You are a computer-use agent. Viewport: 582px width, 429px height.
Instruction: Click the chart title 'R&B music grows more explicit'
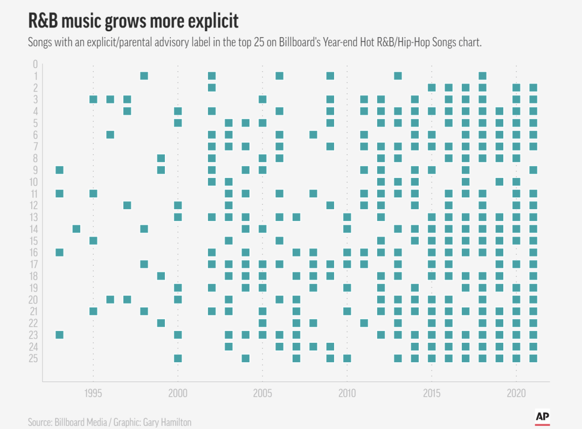(x=133, y=21)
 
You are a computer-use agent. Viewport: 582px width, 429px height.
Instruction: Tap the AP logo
(x=542, y=416)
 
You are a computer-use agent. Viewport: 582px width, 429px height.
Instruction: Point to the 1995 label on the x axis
(x=93, y=392)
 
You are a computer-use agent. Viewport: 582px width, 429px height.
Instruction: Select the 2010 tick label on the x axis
(x=347, y=392)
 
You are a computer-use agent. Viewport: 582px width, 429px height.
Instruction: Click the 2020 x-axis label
(x=516, y=392)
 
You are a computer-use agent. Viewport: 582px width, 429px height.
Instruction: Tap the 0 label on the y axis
(x=34, y=64)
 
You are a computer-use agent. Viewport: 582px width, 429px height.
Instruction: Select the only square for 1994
(x=77, y=229)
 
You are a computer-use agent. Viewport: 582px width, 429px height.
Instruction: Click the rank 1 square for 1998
(x=144, y=75)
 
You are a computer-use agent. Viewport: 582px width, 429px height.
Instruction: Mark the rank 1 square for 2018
(x=482, y=75)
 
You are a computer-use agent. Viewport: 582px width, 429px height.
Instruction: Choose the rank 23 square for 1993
(x=59, y=335)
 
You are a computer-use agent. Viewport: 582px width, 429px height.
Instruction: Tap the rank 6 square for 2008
(x=313, y=135)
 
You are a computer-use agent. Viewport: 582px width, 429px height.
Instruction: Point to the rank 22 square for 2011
(x=364, y=323)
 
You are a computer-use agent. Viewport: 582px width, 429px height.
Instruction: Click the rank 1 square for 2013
(x=398, y=75)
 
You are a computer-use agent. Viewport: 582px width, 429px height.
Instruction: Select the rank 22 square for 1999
(x=161, y=323)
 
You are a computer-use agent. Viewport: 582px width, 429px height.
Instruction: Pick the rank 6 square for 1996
(x=110, y=135)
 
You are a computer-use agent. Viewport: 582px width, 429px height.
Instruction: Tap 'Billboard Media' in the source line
(x=82, y=422)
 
